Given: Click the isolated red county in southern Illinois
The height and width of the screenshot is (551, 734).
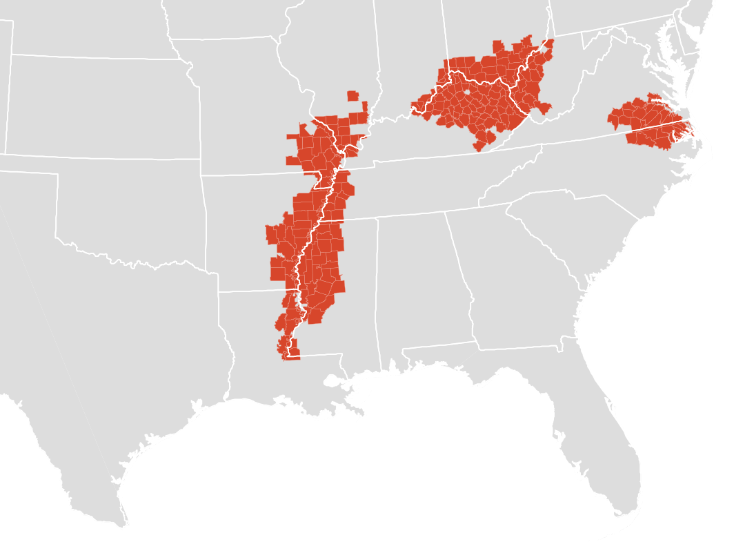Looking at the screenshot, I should tap(353, 95).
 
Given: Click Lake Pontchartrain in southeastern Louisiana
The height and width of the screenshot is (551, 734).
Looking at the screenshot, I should tap(338, 381).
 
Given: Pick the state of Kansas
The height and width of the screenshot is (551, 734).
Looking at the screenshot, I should tap(103, 104).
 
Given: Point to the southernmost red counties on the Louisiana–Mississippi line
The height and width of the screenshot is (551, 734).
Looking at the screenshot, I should tap(290, 354).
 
